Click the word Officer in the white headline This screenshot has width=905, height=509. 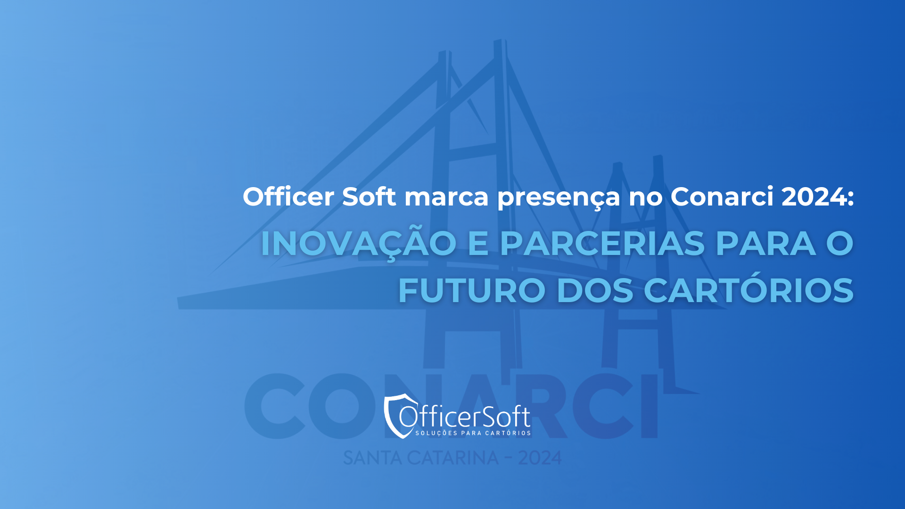[288, 196]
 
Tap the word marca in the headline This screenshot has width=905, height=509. [446, 197]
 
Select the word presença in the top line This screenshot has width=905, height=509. [559, 198]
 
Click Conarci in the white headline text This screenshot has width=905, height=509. [722, 196]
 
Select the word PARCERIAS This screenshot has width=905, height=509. [602, 244]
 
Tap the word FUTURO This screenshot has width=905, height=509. [472, 290]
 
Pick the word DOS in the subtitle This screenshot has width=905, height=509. [595, 290]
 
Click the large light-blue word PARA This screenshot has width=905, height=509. [766, 244]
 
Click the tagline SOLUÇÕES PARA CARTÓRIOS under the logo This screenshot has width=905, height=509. [473, 433]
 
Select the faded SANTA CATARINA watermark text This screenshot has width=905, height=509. [421, 458]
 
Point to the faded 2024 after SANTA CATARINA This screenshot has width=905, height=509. [540, 458]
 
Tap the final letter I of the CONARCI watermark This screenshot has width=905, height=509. [650, 406]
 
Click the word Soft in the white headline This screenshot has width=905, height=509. [369, 196]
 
